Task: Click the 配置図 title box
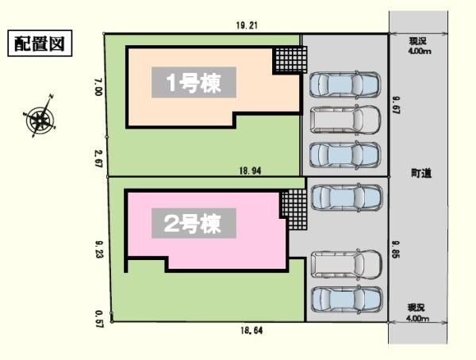40,43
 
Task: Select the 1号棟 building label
194,82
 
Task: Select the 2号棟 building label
194,223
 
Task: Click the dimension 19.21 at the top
247,25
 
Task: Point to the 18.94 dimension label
250,171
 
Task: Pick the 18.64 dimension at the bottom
251,330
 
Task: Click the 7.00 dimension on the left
98,87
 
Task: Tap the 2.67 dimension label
99,159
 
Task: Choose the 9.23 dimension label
99,250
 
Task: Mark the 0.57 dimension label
100,319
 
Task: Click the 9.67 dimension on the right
397,105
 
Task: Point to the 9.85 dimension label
396,249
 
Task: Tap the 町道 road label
421,174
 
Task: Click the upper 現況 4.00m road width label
420,46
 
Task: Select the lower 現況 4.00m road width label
418,313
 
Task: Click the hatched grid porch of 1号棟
291,60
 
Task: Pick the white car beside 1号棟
345,121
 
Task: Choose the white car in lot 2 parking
347,264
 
